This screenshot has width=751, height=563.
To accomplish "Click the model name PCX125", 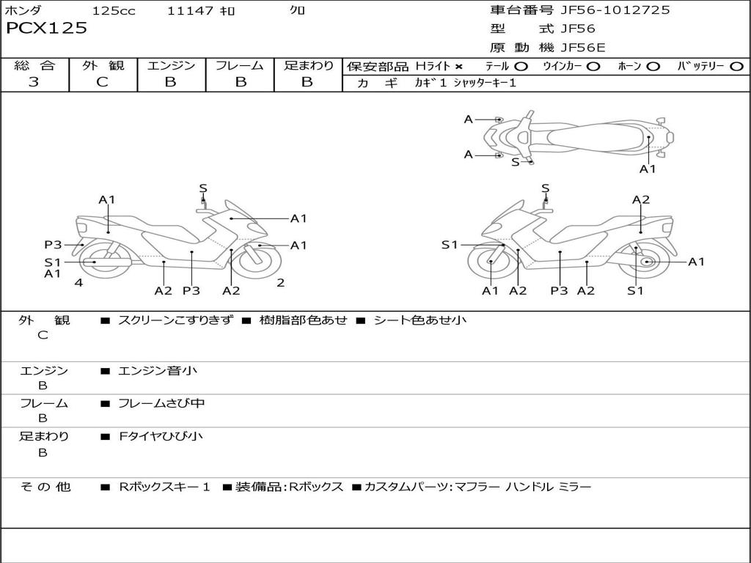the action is [46, 29].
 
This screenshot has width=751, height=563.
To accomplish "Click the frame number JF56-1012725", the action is [615, 10].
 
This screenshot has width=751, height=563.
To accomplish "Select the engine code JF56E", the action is [583, 48].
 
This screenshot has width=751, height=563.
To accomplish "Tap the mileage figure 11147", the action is [190, 10].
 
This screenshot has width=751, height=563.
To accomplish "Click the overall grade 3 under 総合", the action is [34, 82].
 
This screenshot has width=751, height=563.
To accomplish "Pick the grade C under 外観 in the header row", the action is [103, 82].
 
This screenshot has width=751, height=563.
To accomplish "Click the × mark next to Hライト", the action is [459, 67].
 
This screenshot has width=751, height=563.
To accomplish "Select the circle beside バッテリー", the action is [737, 67].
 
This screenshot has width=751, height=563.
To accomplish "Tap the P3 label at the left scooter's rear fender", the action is [53, 245].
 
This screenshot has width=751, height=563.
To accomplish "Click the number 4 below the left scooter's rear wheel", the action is [78, 283].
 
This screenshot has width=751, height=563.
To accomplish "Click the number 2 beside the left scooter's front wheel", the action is [281, 283].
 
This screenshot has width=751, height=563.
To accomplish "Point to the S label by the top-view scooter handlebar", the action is [516, 162].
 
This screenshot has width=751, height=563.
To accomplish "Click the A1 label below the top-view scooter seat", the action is [648, 169].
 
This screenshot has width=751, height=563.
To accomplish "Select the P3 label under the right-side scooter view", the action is [559, 290].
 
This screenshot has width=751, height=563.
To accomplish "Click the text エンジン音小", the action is [158, 370].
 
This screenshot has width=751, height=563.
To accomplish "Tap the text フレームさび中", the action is [161, 404].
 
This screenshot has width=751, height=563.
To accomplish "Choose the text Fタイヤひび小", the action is [161, 436].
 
